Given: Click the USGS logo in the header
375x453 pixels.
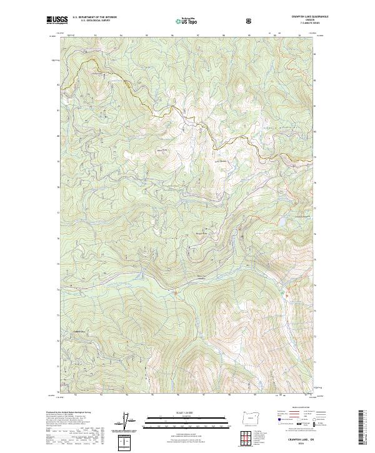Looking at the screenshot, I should coord(57,21).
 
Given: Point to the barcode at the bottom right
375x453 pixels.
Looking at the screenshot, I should coord(364,430).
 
